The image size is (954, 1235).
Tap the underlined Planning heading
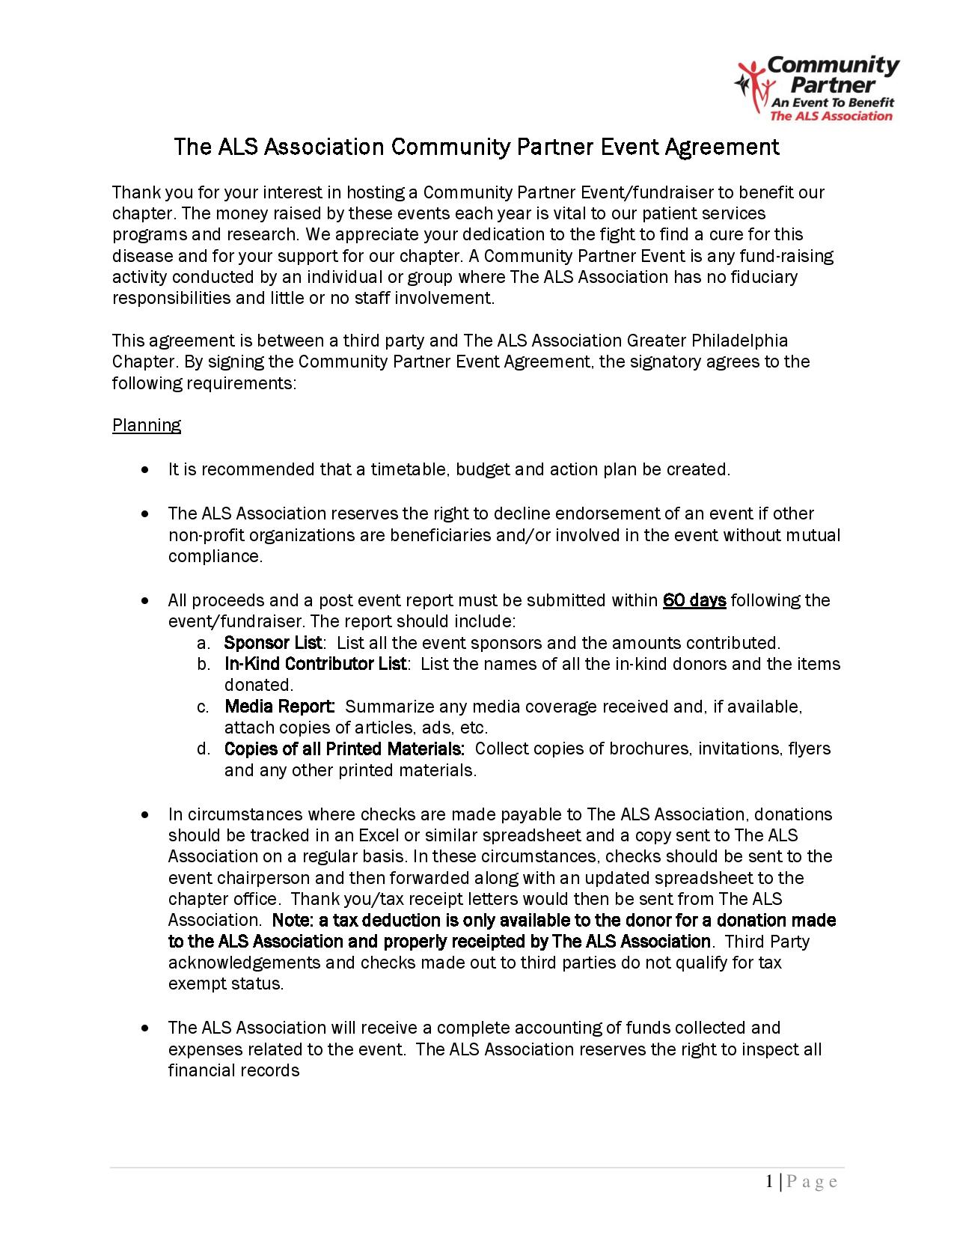(x=147, y=425)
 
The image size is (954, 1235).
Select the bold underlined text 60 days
(x=694, y=600)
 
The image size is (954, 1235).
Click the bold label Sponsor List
(x=273, y=643)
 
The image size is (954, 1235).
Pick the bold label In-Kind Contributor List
(x=315, y=664)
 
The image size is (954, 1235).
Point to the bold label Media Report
(x=279, y=707)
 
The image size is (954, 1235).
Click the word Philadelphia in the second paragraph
(x=739, y=341)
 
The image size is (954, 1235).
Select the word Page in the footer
(x=812, y=1183)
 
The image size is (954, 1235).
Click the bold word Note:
(x=293, y=920)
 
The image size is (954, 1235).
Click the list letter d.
(x=203, y=749)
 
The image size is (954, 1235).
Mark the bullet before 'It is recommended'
(x=144, y=470)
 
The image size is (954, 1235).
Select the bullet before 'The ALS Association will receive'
(x=144, y=1028)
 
